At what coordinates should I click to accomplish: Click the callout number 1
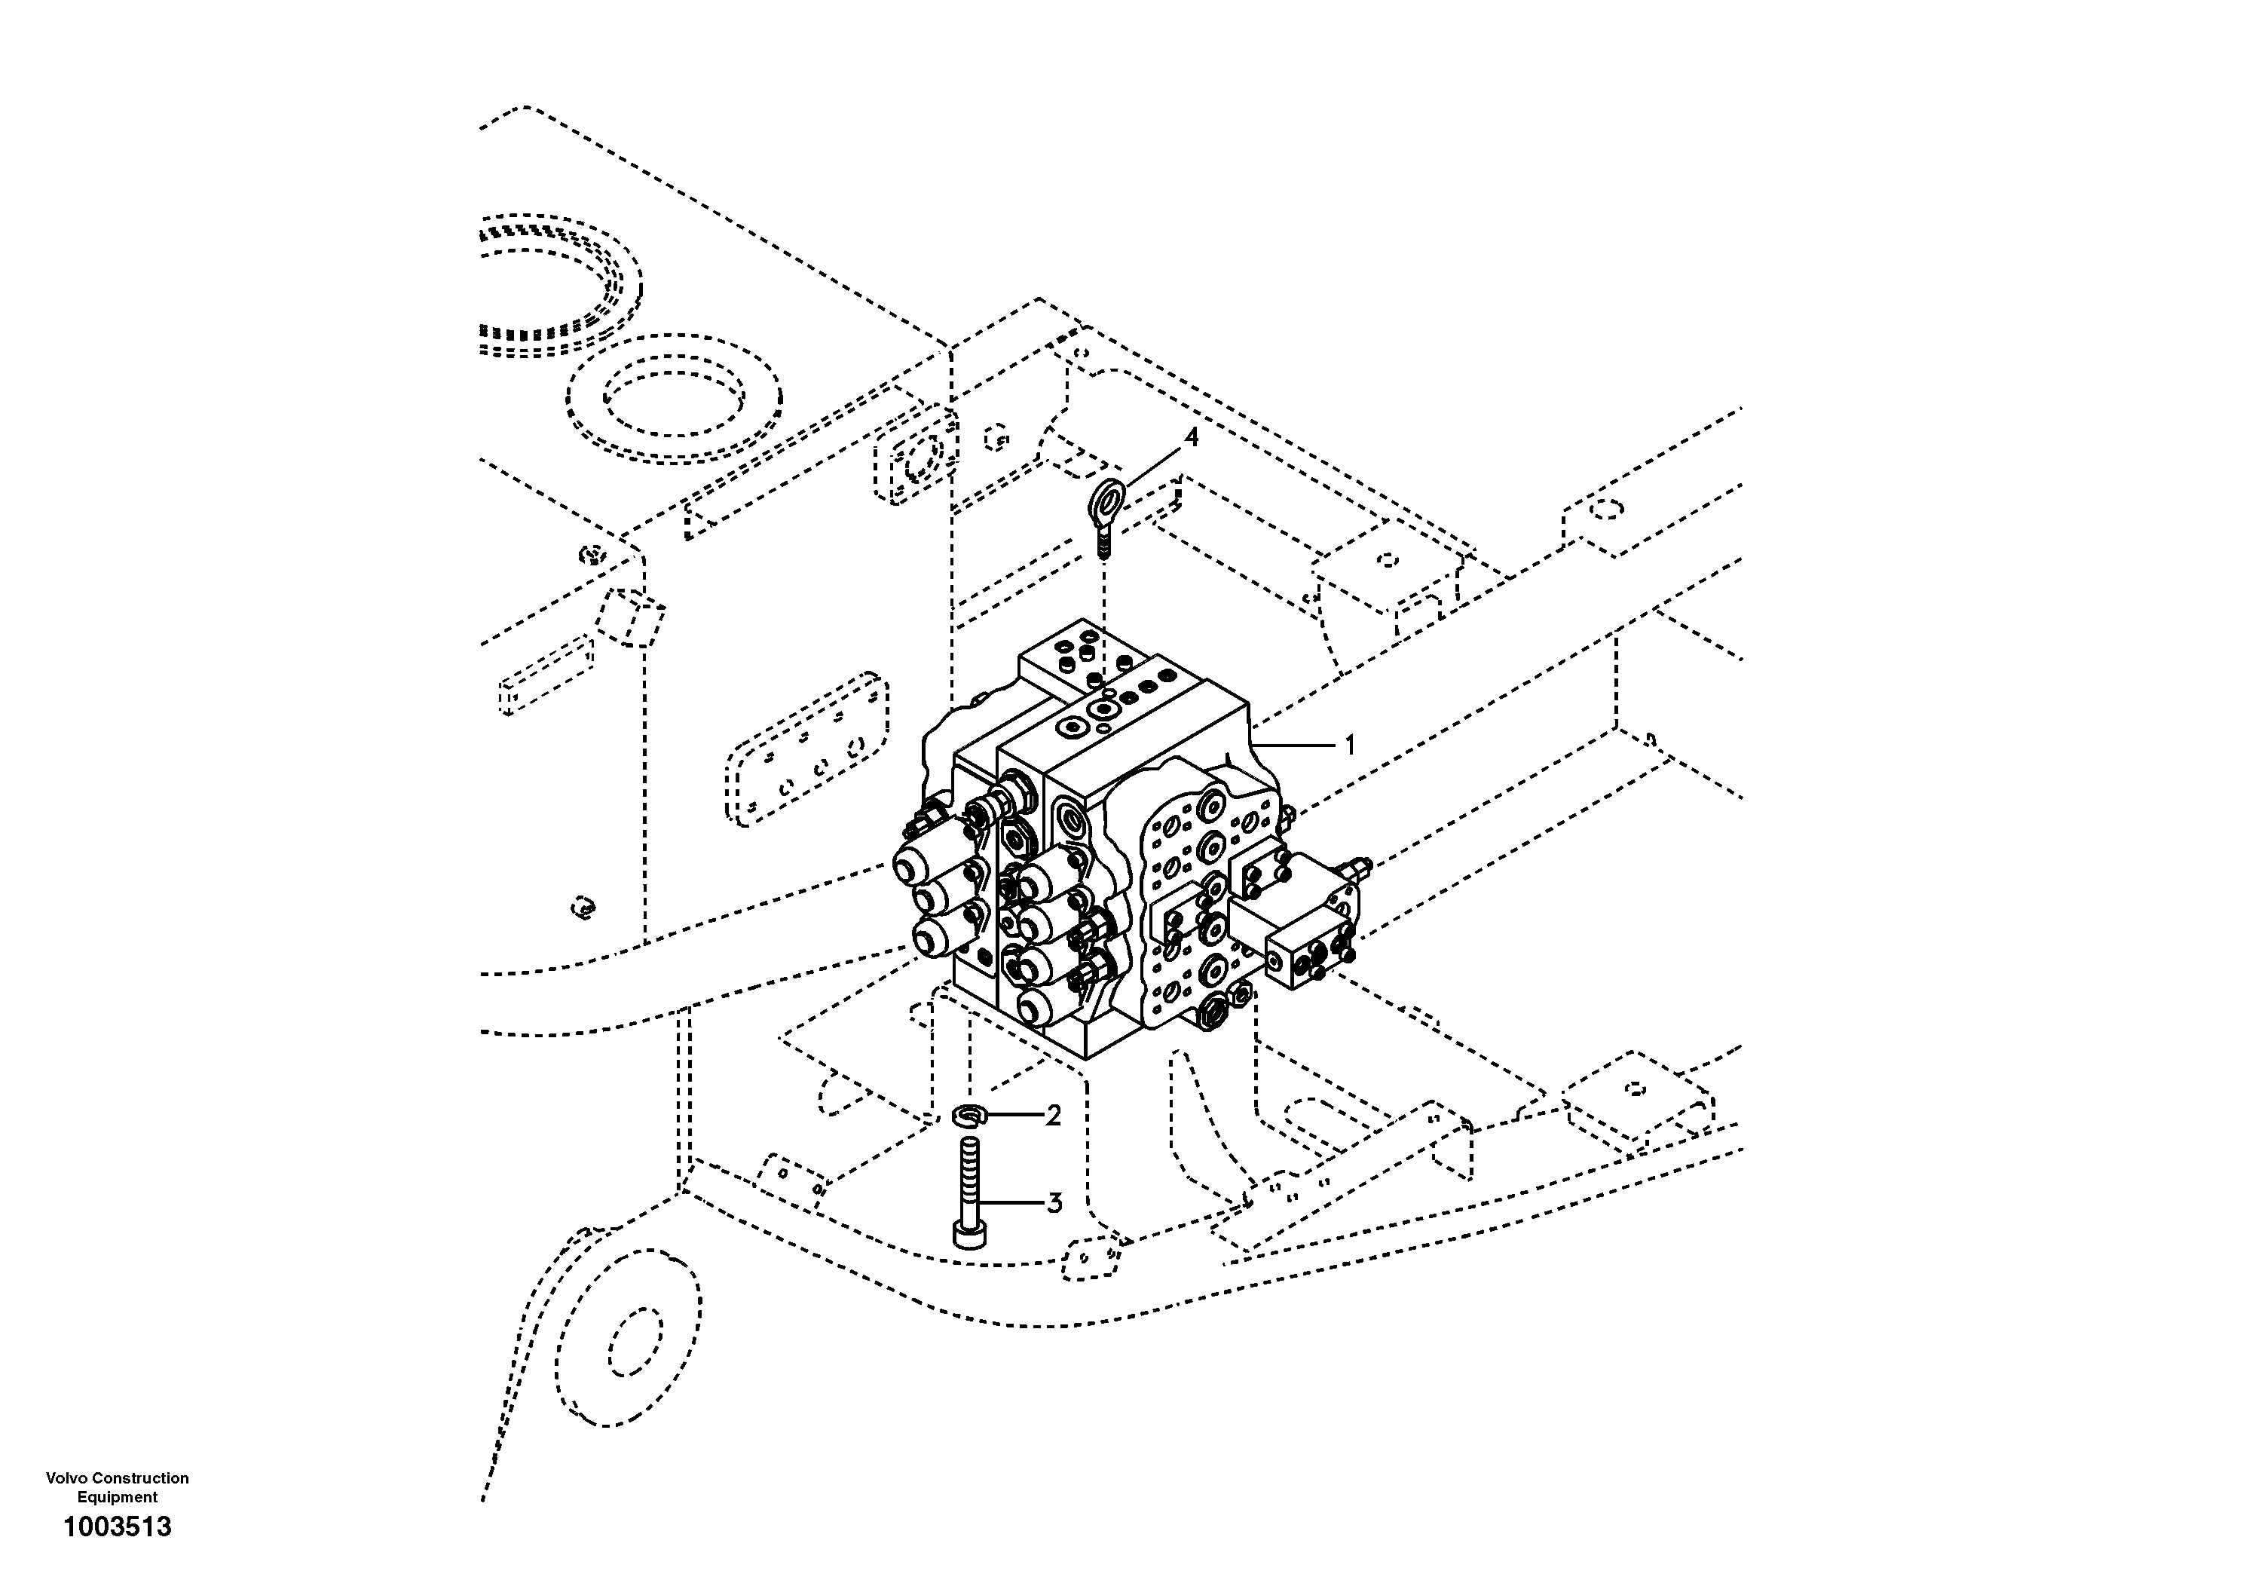click(x=1349, y=746)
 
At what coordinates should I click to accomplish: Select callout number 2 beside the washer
click(x=1053, y=1116)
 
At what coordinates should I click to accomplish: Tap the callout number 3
click(x=1054, y=1203)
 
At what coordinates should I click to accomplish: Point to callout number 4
click(x=1191, y=436)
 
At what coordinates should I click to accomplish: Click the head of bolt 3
click(x=969, y=1233)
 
